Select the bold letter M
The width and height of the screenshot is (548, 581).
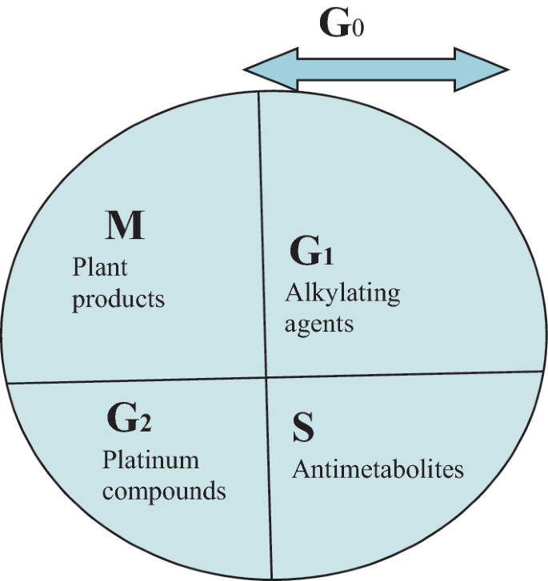125,227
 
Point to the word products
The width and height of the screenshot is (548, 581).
118,300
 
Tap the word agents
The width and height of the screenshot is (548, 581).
319,324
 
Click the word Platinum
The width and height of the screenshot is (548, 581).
150,460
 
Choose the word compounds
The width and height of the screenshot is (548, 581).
164,490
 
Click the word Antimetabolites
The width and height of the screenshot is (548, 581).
378,469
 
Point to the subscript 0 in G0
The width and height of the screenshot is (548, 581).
358,28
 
